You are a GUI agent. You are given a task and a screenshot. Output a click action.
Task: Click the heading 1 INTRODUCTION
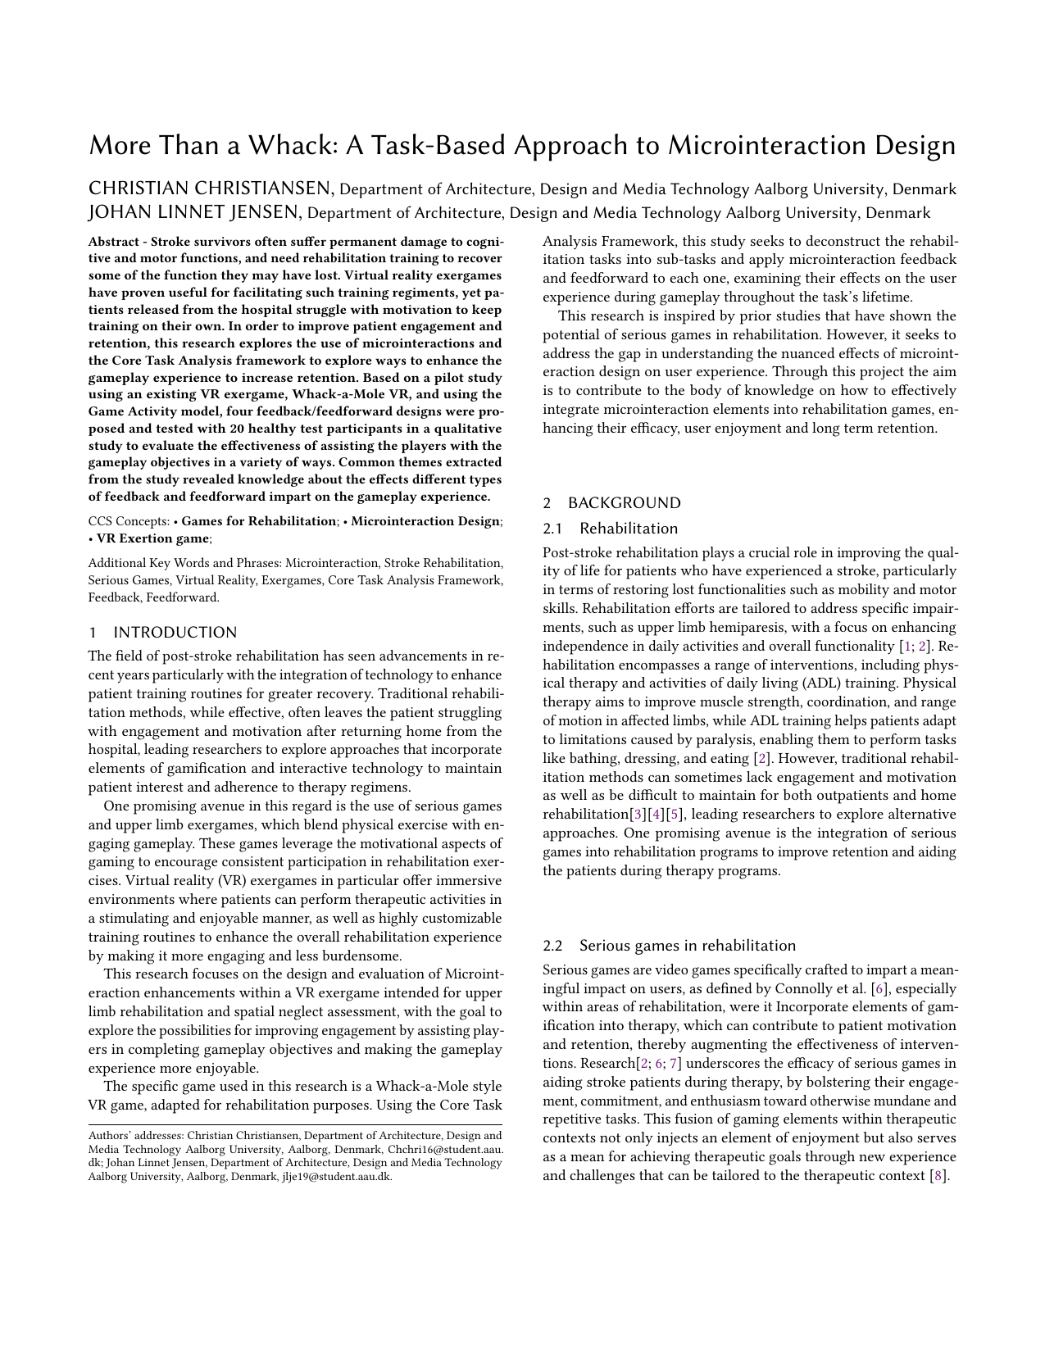pyautogui.click(x=162, y=633)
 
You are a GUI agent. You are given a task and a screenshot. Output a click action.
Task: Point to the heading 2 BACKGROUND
pyautogui.click(x=611, y=503)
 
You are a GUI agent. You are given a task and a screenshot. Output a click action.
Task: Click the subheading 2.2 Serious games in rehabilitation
pyautogui.click(x=669, y=946)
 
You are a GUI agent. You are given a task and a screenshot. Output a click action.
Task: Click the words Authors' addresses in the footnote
pyautogui.click(x=134, y=1136)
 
